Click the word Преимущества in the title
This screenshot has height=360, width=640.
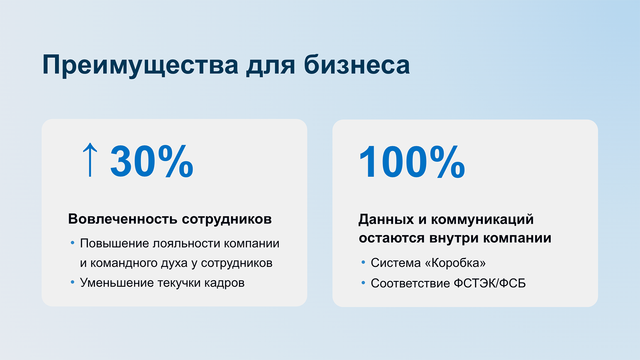[140, 65]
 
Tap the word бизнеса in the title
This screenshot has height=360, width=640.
[357, 65]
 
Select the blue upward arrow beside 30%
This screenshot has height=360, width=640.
[90, 160]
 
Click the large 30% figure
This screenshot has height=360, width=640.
[152, 161]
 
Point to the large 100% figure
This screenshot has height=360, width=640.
[412, 162]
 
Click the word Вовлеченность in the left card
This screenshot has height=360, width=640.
[123, 219]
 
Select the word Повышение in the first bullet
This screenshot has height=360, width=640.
[115, 244]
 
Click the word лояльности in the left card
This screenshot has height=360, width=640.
[187, 244]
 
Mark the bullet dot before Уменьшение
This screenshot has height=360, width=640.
[73, 282]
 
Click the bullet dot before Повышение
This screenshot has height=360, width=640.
[73, 243]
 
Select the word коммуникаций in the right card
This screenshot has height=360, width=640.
[482, 219]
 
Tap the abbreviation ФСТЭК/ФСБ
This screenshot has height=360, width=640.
[490, 284]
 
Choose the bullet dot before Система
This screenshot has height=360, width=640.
[363, 262]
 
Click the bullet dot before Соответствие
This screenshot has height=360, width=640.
[363, 283]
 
